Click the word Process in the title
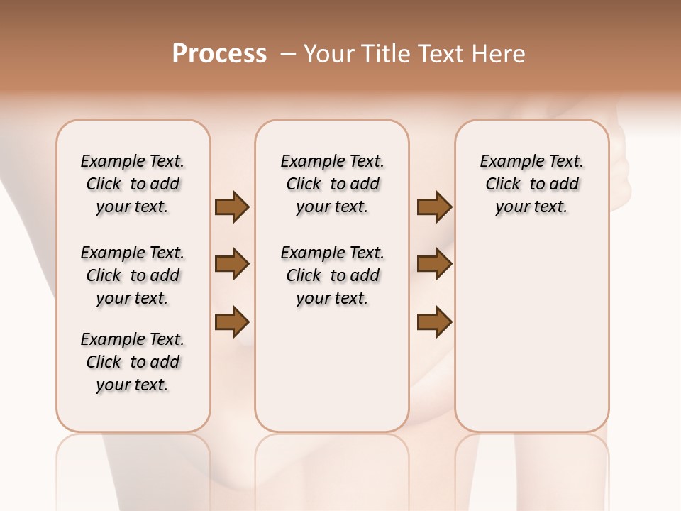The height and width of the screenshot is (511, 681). pyautogui.click(x=219, y=53)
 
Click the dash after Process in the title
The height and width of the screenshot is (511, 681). pyautogui.click(x=287, y=54)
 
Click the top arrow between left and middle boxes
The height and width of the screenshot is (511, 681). pyautogui.click(x=232, y=207)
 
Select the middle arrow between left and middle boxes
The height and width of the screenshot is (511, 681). pyautogui.click(x=232, y=264)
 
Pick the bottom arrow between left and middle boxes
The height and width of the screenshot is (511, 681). pyautogui.click(x=232, y=322)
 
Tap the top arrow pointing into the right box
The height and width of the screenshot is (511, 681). pyautogui.click(x=434, y=207)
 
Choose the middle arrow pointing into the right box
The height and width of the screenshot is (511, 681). pyautogui.click(x=434, y=264)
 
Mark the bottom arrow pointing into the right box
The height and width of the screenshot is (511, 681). pyautogui.click(x=434, y=322)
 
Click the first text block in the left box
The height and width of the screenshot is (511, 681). pyautogui.click(x=133, y=184)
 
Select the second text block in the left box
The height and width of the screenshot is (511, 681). pyautogui.click(x=133, y=275)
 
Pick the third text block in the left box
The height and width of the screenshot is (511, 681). pyautogui.click(x=133, y=362)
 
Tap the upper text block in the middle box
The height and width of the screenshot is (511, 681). pyautogui.click(x=332, y=184)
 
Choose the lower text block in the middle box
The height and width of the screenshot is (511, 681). pyautogui.click(x=332, y=275)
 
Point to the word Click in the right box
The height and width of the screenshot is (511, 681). pyautogui.click(x=503, y=185)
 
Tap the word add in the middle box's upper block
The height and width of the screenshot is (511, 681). pyautogui.click(x=365, y=185)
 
